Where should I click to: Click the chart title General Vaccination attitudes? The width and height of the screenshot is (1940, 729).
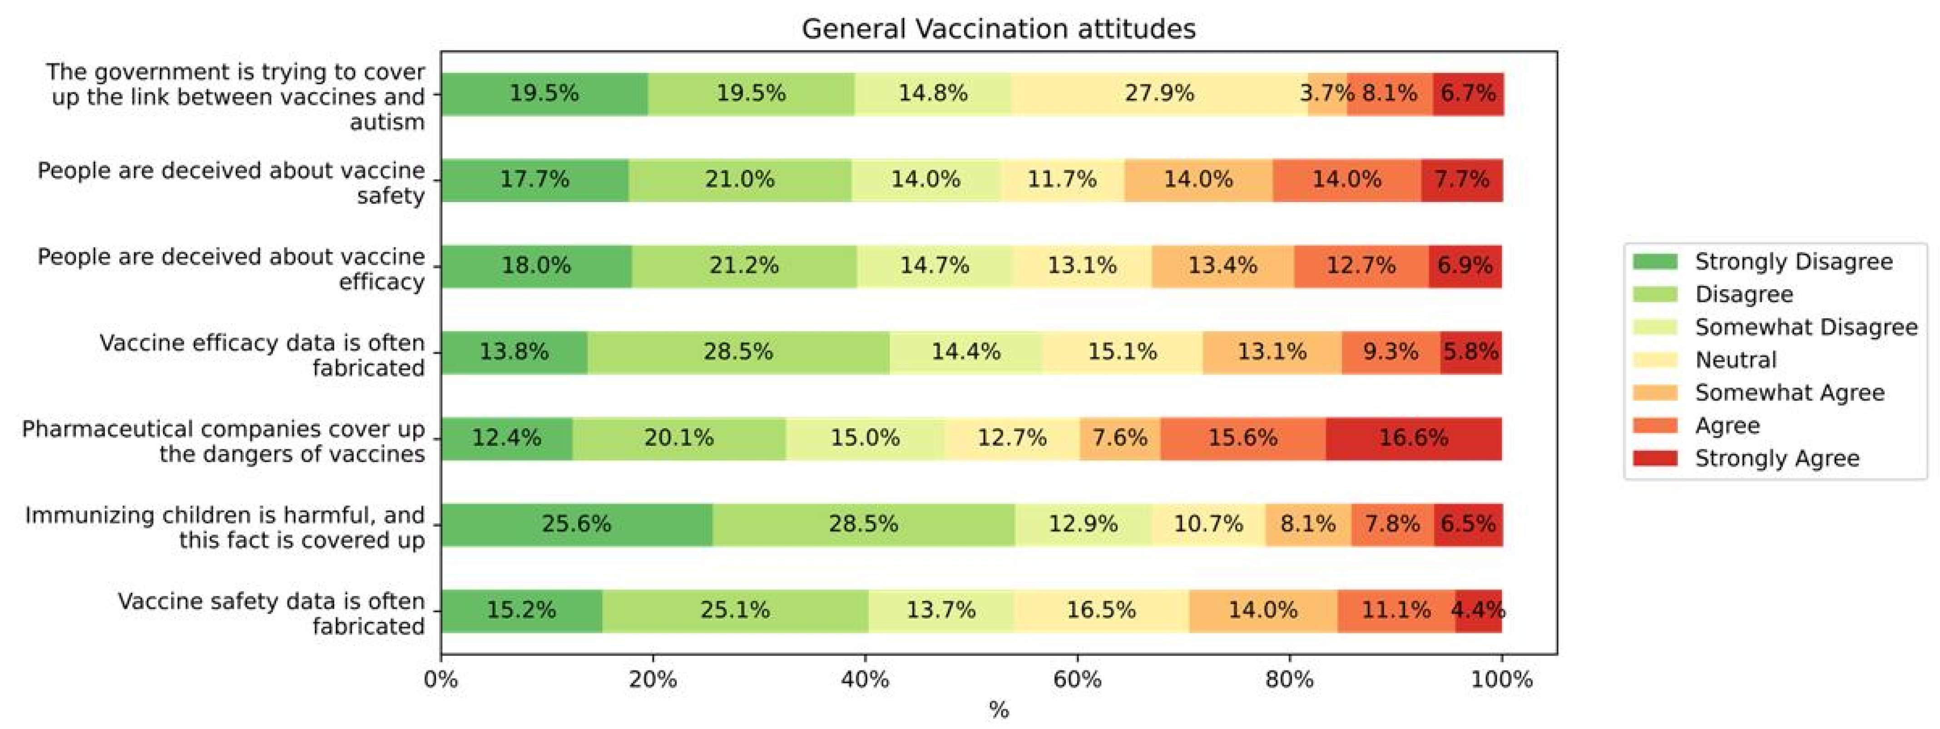click(998, 29)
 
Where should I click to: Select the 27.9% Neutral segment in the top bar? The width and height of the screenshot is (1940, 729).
click(1159, 94)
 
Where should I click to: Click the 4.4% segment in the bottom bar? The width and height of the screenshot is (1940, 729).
click(1478, 610)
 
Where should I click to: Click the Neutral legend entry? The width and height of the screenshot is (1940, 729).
click(1735, 360)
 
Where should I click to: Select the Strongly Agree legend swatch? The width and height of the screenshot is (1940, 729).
click(1654, 458)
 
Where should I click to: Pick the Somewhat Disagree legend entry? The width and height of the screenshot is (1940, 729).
click(1805, 327)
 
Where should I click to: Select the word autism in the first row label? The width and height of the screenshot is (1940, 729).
click(387, 122)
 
